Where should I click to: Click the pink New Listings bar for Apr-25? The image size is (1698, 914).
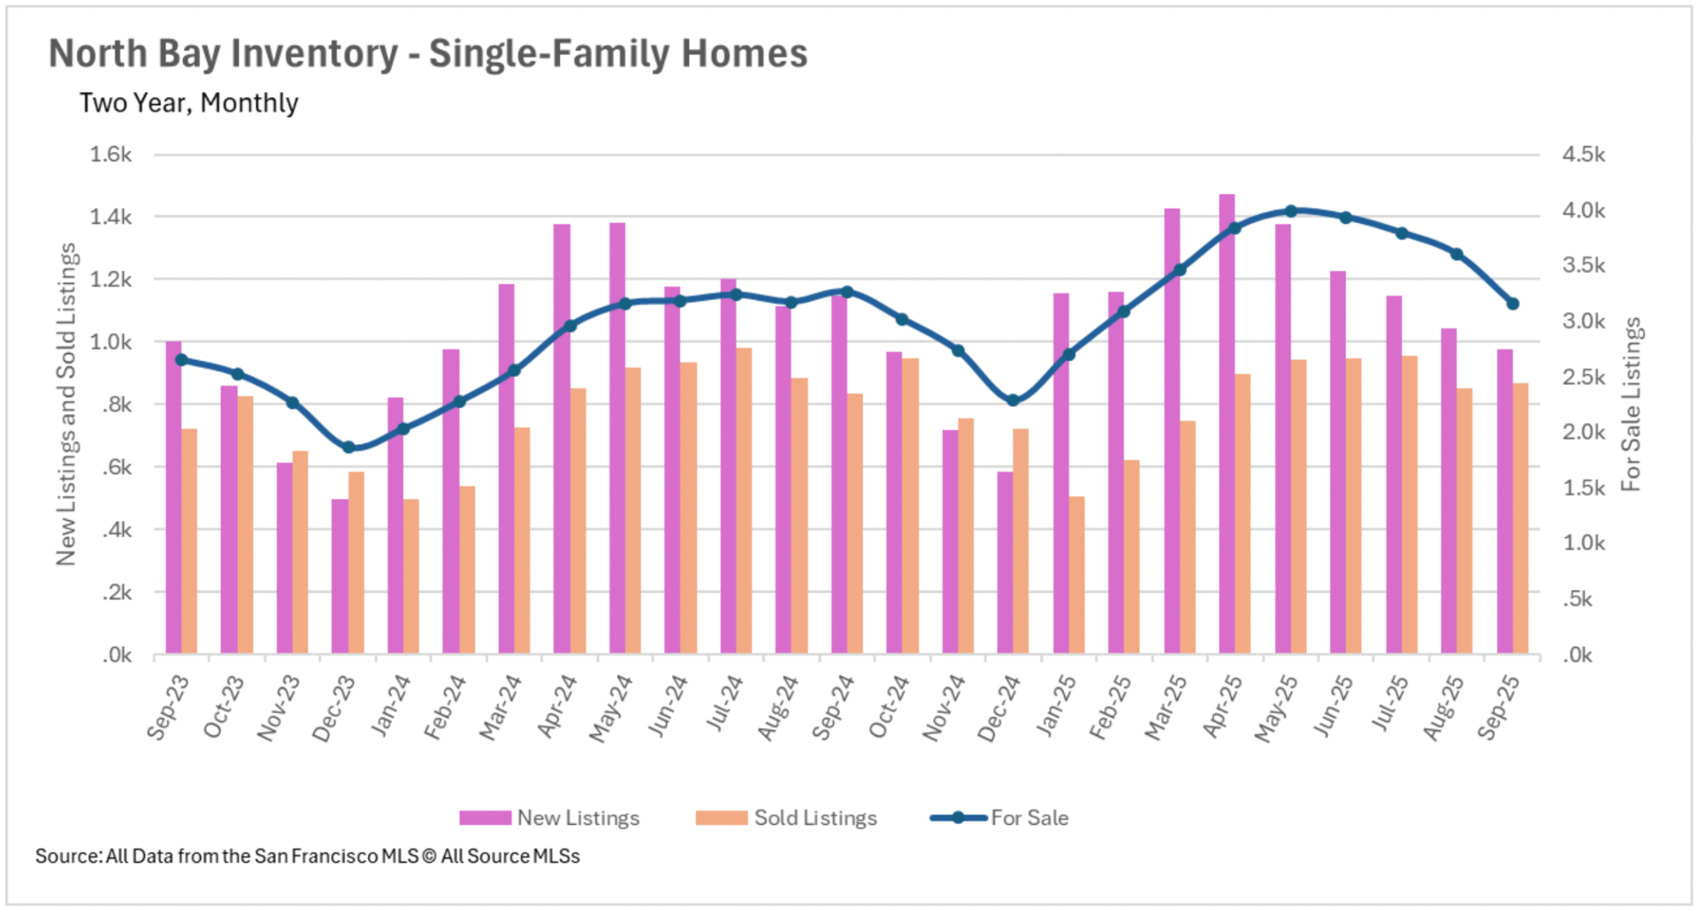tap(1227, 425)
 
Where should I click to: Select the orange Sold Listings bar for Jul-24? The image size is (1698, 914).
tap(744, 501)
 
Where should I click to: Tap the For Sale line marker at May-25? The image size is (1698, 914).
tap(1291, 211)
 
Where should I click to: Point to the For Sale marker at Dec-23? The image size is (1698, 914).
tap(348, 448)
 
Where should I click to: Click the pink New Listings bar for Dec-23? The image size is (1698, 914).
tap(340, 577)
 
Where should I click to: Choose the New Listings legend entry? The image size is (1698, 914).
tap(549, 818)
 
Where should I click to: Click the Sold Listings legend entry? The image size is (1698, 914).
tap(786, 818)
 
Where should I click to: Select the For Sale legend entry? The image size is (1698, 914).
tap(999, 818)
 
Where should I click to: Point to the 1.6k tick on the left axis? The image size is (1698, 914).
tap(111, 155)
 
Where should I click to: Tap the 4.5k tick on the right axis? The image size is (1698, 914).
tap(1584, 155)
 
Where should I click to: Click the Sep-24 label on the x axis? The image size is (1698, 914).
tap(833, 708)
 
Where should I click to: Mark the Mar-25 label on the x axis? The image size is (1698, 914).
tap(1166, 708)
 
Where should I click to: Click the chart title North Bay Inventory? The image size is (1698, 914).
tap(428, 54)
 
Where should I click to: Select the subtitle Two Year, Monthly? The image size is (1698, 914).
tap(188, 104)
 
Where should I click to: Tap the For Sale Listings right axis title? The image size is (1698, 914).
tap(1631, 404)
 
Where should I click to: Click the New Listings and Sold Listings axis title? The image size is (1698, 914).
tap(66, 404)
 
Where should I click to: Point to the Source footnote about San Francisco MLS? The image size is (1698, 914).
tap(308, 856)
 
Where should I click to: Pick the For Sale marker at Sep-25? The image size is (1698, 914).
tap(1512, 304)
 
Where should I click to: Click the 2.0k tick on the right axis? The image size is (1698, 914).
tap(1584, 433)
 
